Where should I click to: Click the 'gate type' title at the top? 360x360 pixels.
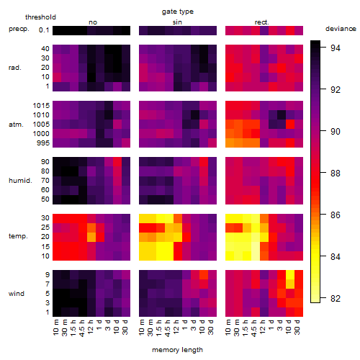(178, 12)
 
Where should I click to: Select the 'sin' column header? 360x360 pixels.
(177, 22)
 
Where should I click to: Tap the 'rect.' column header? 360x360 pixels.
(261, 22)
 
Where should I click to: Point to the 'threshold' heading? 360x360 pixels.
(40, 17)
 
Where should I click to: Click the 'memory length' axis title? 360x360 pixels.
(177, 350)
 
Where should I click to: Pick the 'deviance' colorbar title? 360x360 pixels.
(341, 29)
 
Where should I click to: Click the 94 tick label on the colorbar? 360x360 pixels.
(336, 48)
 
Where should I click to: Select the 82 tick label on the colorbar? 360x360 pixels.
(336, 298)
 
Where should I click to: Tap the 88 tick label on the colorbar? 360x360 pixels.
(336, 173)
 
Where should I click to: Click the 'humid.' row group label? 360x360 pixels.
(20, 181)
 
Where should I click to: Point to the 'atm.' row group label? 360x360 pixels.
(16, 125)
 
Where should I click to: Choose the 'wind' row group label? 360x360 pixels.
(17, 294)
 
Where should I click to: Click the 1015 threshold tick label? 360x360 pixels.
(41, 106)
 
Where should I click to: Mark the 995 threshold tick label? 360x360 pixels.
(43, 143)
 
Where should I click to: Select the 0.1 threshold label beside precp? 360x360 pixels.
(44, 30)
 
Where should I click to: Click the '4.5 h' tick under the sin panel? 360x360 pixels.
(168, 328)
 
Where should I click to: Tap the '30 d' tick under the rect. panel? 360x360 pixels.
(297, 327)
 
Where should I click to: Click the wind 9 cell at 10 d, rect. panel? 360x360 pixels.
(290, 275)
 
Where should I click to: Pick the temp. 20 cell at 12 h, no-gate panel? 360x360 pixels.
(91, 237)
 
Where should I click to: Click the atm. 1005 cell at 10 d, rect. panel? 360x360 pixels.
(290, 125)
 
